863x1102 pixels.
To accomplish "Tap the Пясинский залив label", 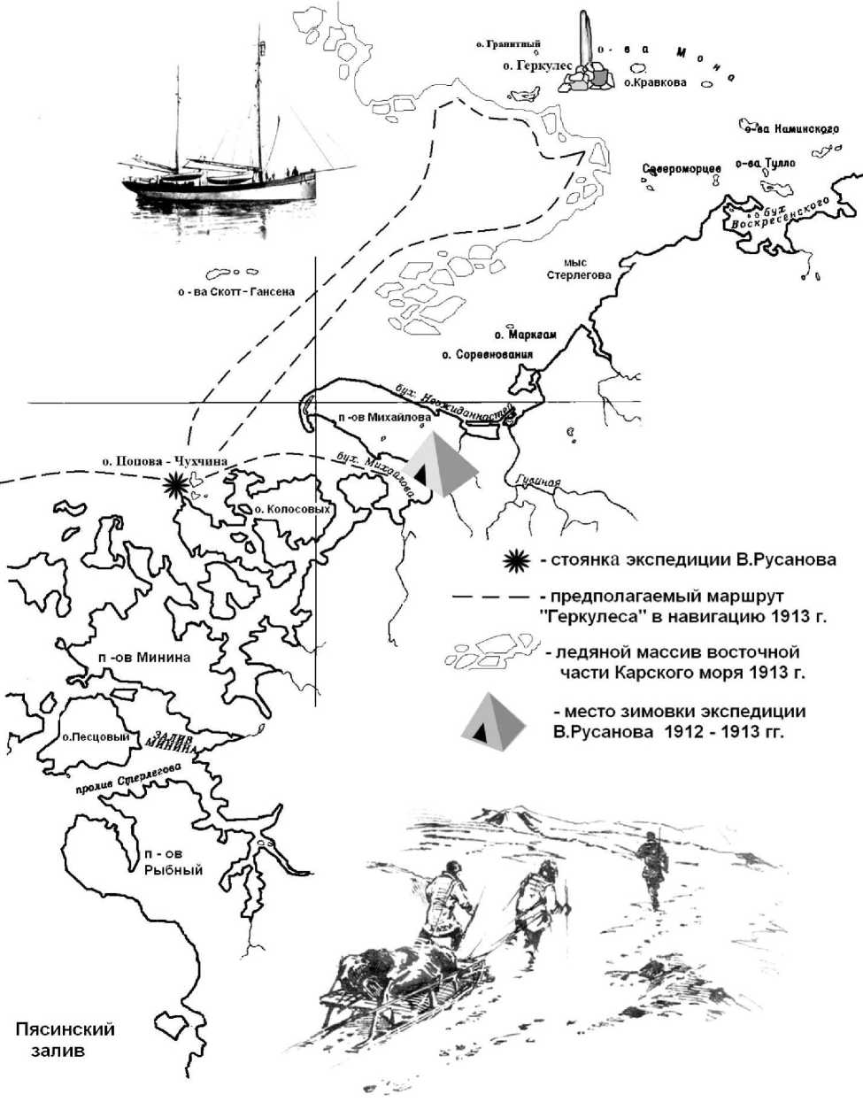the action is pyautogui.click(x=65, y=1040).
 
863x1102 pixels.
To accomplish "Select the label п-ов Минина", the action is pyautogui.click(x=145, y=657).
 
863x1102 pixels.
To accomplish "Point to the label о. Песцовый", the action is pyautogui.click(x=96, y=736).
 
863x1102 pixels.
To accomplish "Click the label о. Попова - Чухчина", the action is pyautogui.click(x=165, y=461).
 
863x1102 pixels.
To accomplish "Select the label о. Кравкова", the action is pyautogui.click(x=655, y=82).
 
